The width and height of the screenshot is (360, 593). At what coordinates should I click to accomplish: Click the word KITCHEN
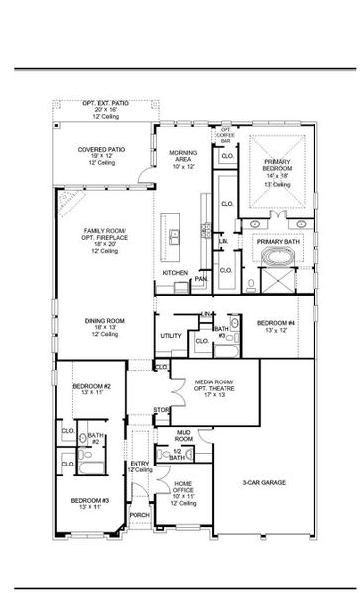click(175, 272)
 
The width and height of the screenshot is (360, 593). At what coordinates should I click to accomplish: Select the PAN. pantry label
click(201, 279)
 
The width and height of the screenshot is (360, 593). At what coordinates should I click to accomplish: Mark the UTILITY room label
click(170, 336)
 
